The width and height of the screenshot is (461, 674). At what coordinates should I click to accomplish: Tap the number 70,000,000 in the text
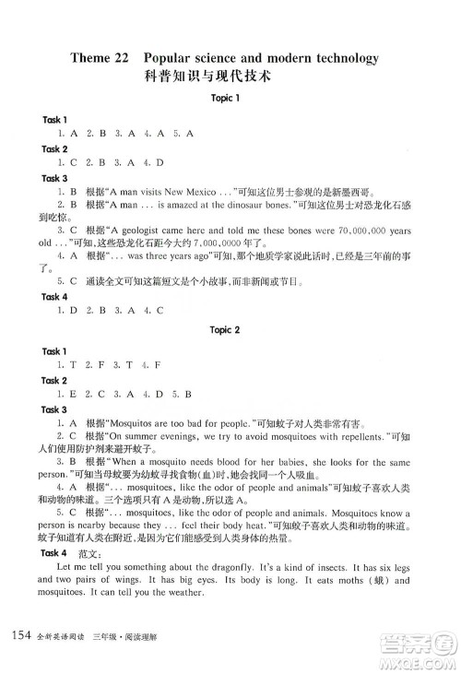coord(346,229)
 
